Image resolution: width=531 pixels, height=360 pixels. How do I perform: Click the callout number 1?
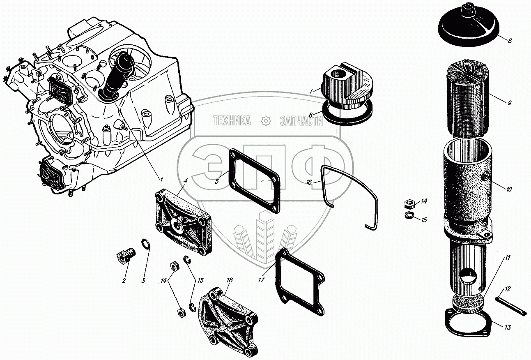click(161, 179)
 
